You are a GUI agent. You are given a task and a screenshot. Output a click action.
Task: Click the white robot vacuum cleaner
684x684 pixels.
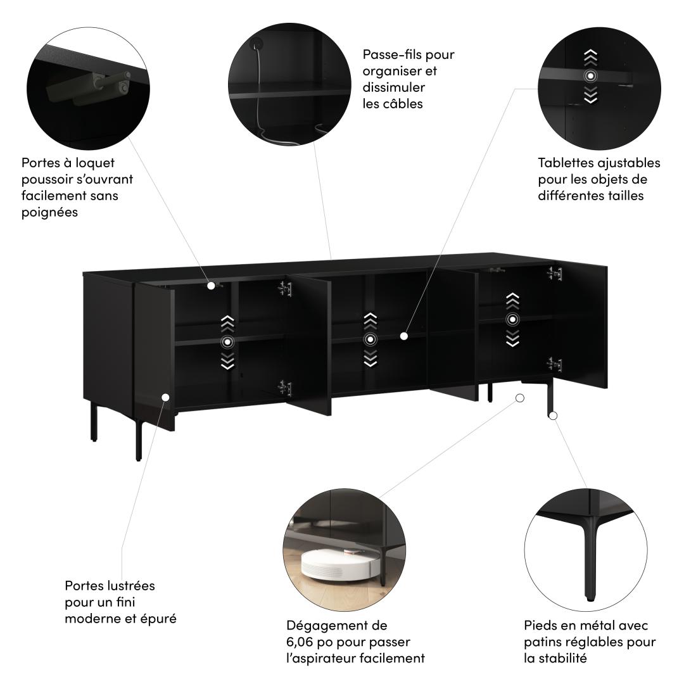[334, 564]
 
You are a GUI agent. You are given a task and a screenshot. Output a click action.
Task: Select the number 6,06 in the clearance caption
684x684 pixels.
[300, 642]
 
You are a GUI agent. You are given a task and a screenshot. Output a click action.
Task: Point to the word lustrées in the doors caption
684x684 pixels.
[133, 585]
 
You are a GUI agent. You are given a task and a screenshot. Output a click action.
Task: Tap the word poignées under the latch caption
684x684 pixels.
[50, 212]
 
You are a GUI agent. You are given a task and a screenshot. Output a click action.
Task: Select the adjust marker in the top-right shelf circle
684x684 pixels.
[590, 77]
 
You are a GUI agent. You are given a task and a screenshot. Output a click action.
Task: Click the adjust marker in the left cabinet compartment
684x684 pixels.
[227, 342]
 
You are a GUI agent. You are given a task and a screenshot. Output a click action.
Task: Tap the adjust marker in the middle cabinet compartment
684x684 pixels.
[370, 339]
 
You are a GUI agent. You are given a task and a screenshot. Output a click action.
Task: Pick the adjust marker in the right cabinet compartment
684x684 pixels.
[512, 320]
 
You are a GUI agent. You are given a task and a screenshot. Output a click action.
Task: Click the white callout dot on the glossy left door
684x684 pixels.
[166, 397]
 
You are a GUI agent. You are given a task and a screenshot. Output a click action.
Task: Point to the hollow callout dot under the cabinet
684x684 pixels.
[519, 398]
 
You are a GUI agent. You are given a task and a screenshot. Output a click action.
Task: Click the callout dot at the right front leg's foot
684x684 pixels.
[553, 415]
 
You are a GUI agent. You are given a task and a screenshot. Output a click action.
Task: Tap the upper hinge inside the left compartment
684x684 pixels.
[285, 289]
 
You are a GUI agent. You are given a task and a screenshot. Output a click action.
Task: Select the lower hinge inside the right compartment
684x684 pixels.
[554, 364]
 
